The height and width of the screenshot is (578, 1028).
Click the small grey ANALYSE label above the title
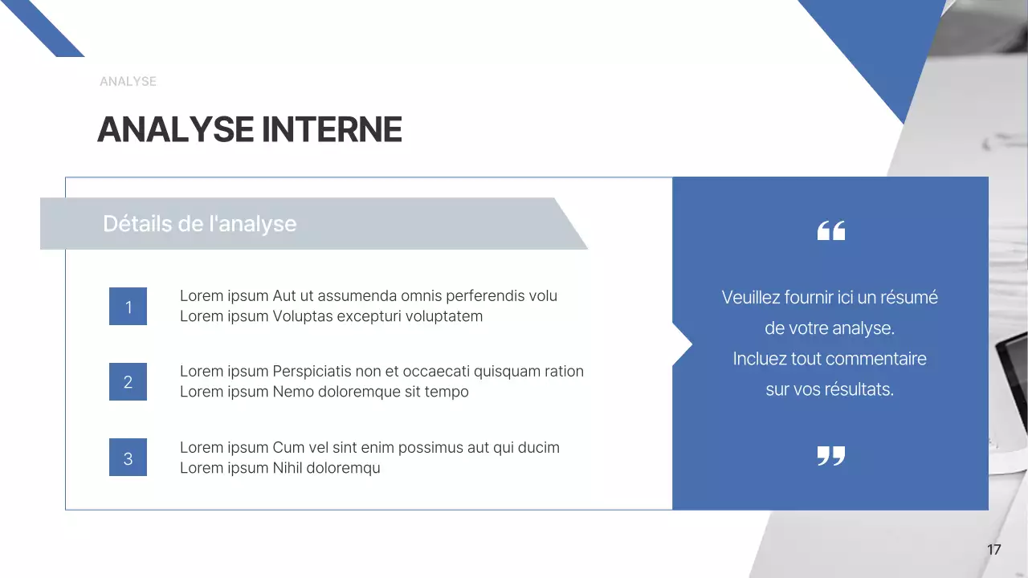pos(128,81)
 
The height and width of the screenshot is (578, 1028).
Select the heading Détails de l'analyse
pos(199,224)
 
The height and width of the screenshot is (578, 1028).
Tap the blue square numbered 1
pos(128,307)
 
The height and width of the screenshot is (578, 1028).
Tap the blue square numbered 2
pos(128,382)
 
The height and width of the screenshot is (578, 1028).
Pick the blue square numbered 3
pos(128,458)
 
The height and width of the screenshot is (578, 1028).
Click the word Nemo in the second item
pos(292,392)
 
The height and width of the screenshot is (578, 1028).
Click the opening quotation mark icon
pos(830,231)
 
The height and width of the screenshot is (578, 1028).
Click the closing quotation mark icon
pos(830,456)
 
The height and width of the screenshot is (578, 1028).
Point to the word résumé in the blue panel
pos(908,298)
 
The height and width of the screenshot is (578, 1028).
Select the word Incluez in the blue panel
pos(760,359)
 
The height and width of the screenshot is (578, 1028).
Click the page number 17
pos(993,550)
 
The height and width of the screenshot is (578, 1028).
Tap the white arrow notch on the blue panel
pos(682,344)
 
